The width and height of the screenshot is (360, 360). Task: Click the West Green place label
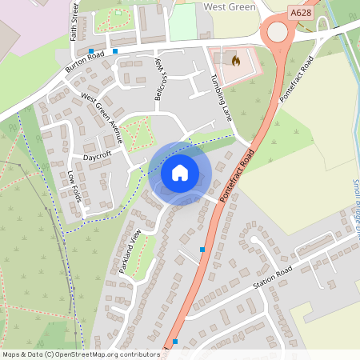tap(230, 6)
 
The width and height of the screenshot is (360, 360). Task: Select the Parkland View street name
tap(130, 251)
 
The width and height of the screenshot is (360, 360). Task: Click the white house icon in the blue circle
tap(179, 172)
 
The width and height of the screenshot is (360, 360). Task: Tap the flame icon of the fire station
tap(235, 60)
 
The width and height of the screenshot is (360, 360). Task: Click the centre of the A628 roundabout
tap(278, 31)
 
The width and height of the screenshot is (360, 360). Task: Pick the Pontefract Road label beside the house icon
tap(238, 171)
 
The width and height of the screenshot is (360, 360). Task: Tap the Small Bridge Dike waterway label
tap(355, 200)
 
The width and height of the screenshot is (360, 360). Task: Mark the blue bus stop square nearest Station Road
tap(202, 250)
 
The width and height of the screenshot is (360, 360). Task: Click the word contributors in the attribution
tap(138, 354)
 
